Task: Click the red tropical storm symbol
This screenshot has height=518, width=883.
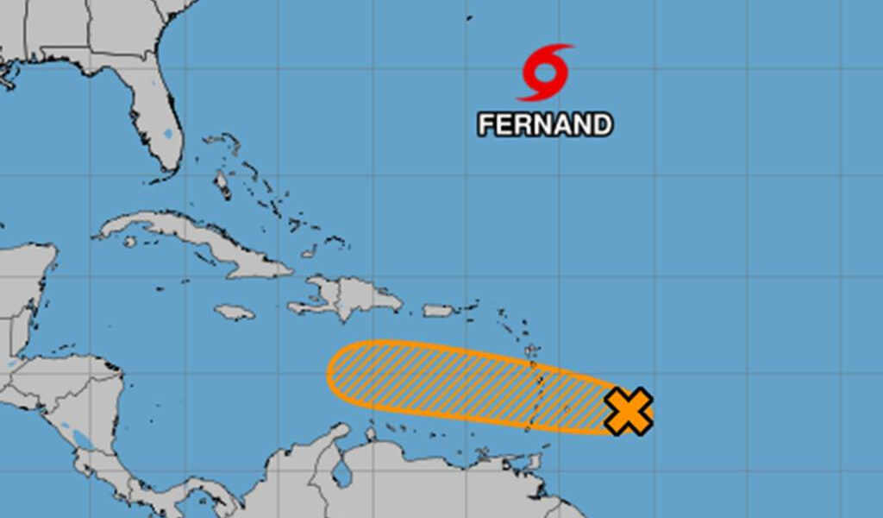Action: coord(545,73)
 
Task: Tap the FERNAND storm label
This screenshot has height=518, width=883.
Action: coord(545,125)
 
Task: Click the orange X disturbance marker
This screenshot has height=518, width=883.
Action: coord(628,411)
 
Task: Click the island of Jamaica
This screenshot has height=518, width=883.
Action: coord(234,312)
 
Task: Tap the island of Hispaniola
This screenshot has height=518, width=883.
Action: coord(354,297)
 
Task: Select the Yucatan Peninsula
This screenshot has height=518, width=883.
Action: coord(26,276)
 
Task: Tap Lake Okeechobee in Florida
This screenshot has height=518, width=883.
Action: coord(167,134)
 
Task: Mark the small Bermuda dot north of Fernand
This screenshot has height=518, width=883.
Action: coord(469,17)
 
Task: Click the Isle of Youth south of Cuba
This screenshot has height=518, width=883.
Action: coord(129,242)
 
